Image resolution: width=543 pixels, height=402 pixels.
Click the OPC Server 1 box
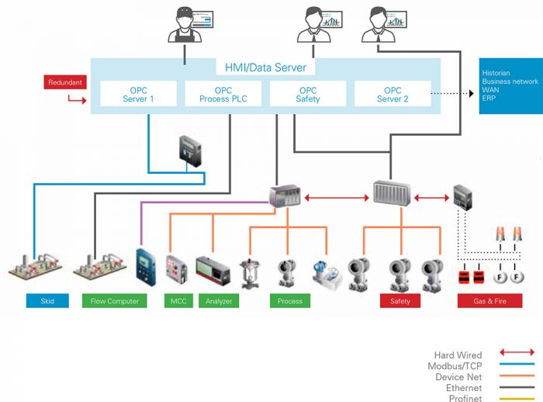tap(138, 95)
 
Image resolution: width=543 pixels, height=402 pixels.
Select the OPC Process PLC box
tap(223, 95)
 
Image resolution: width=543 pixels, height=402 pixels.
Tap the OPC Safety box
tap(308, 95)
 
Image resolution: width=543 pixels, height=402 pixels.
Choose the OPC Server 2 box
tap(393, 95)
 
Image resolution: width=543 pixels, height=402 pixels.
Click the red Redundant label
tap(65, 82)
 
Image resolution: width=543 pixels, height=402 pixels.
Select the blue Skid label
tap(47, 301)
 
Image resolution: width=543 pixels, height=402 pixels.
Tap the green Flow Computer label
tap(114, 301)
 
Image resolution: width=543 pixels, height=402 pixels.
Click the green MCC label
tap(176, 301)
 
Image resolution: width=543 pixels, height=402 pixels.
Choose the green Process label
tap(289, 301)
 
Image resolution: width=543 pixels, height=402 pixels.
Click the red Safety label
tap(400, 301)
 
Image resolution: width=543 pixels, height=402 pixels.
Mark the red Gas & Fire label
tap(489, 301)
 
